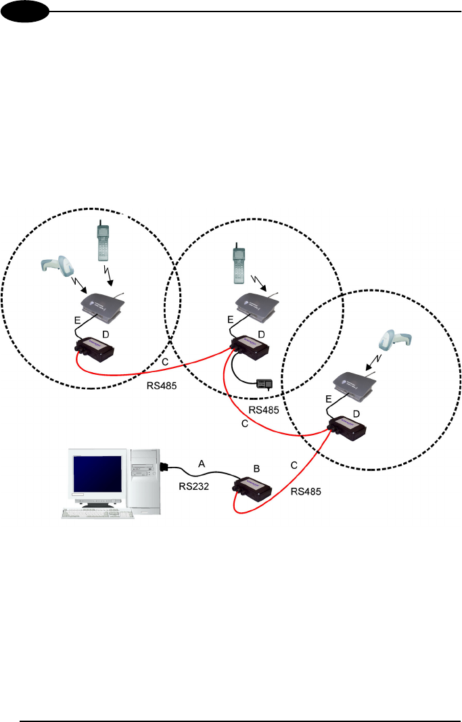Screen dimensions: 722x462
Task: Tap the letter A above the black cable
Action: point(201,464)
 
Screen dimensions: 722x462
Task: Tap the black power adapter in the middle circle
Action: point(263,385)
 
